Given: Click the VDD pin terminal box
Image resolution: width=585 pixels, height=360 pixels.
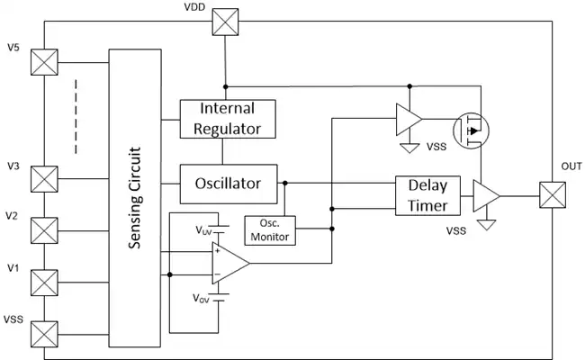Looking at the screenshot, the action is click(225, 22).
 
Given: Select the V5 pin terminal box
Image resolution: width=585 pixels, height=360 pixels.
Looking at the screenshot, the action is click(44, 62).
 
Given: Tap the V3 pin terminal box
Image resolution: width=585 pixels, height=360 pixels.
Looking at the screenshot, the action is click(44, 179).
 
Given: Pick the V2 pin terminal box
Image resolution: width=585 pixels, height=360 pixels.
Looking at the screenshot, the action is click(44, 230).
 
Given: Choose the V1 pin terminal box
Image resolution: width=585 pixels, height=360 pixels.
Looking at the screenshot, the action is click(44, 283).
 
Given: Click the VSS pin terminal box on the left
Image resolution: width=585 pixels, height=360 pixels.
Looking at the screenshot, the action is click(44, 334).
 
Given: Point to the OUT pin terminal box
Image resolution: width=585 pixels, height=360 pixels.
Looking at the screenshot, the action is click(553, 194).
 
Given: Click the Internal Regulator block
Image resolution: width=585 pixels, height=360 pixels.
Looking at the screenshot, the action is click(228, 119).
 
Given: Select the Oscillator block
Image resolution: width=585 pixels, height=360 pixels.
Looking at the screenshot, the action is click(229, 184).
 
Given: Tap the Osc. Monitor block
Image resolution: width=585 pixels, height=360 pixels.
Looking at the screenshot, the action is click(270, 230).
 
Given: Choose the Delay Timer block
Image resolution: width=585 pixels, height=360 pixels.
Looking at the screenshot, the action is click(427, 195).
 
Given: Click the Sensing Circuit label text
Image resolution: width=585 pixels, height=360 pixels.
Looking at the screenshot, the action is click(135, 198).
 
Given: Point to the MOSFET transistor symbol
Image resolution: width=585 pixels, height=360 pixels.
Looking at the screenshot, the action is click(471, 130).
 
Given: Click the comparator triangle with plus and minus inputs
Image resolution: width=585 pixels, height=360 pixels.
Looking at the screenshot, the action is click(230, 263).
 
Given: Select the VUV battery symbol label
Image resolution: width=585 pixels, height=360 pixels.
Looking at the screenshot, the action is click(203, 230).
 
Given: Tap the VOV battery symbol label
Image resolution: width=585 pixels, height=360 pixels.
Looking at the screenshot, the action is click(201, 299).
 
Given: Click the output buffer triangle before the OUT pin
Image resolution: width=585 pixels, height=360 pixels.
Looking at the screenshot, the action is click(486, 196).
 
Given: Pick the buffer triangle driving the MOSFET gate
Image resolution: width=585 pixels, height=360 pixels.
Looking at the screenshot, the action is click(409, 120).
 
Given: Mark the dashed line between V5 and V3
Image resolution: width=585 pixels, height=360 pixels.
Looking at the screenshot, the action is click(76, 116).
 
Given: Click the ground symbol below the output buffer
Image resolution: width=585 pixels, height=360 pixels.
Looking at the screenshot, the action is click(487, 225).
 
